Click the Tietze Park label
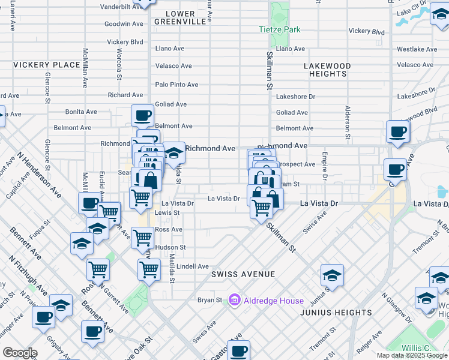(x=279, y=29)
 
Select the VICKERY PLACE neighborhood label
(x=46, y=65)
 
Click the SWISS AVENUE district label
(x=243, y=274)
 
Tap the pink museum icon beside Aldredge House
(x=235, y=299)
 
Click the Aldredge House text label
(x=273, y=300)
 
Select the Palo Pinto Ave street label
(x=176, y=85)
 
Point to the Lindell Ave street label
(x=192, y=266)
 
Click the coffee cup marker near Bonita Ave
(x=142, y=115)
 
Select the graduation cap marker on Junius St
(x=332, y=275)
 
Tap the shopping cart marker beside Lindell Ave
(x=149, y=269)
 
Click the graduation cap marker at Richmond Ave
(x=174, y=152)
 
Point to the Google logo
(x=19, y=353)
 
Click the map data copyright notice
(x=412, y=355)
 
